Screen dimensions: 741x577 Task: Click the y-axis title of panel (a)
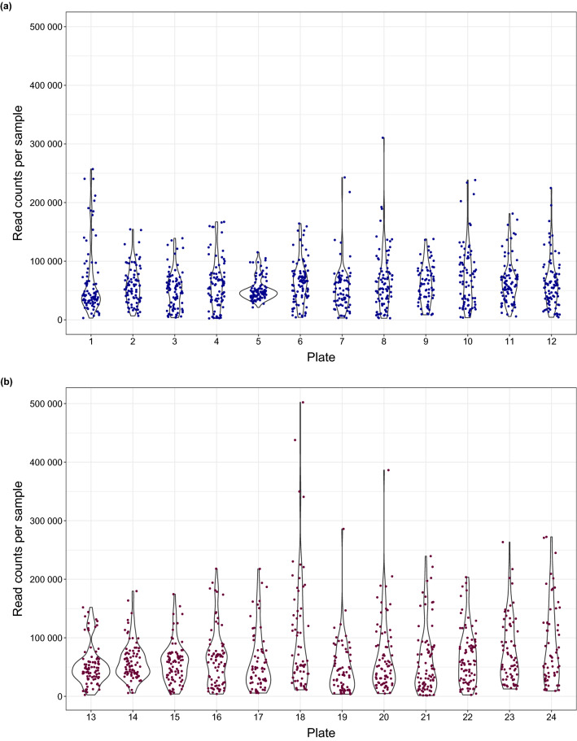[x=18, y=173]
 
